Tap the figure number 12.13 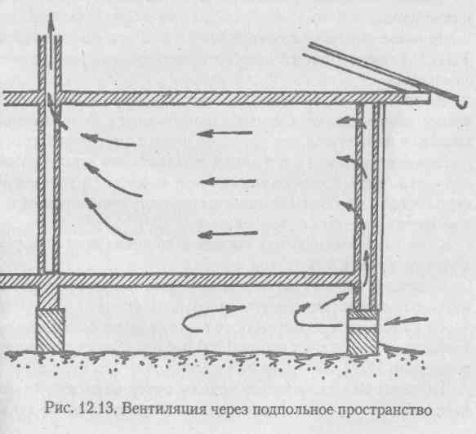click(x=98, y=409)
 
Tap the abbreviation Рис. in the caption click(x=60, y=408)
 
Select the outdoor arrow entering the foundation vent click(x=406, y=320)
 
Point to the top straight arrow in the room click(x=225, y=133)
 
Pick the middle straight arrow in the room click(x=228, y=181)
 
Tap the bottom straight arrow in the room click(x=228, y=234)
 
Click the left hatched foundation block click(x=51, y=329)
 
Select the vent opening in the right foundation click(x=363, y=323)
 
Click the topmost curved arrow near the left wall click(x=108, y=140)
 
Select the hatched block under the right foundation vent click(x=363, y=341)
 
